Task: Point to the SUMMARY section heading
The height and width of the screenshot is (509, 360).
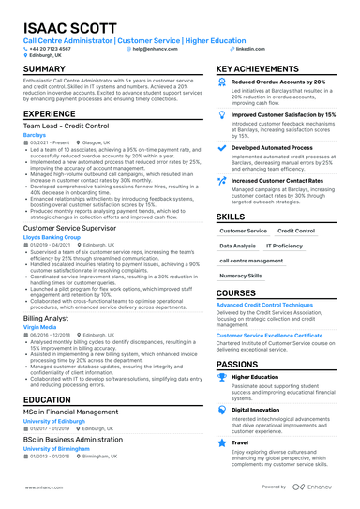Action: point(44,70)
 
